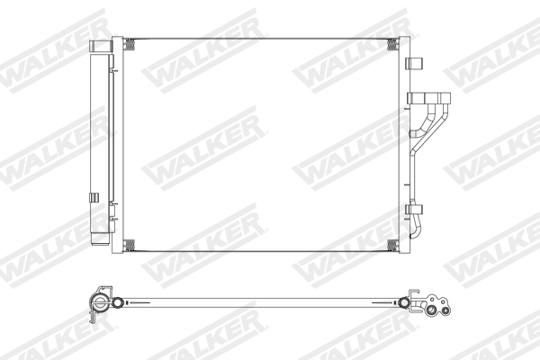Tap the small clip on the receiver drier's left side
click(x=93, y=196)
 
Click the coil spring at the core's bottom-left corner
click(x=130, y=246)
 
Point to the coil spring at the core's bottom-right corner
click(x=391, y=246)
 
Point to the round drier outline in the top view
click(x=97, y=302)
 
